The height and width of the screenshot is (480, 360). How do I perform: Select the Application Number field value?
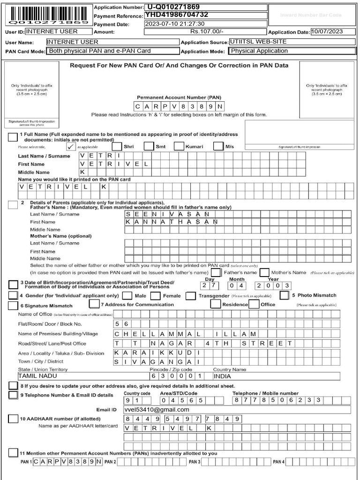click(x=206, y=7)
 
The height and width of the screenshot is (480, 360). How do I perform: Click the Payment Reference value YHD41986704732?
click(x=206, y=15)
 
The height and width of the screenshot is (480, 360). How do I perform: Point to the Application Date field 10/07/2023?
click(x=333, y=32)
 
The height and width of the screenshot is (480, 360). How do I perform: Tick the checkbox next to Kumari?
click(x=179, y=146)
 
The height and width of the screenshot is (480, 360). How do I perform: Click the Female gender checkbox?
click(x=156, y=296)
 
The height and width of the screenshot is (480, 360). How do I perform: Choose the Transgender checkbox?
click(x=190, y=296)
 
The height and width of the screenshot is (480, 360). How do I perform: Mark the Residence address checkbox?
click(x=216, y=304)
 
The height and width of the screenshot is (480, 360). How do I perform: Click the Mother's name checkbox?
click(x=264, y=272)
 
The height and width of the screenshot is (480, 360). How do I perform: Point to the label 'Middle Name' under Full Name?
click(x=30, y=172)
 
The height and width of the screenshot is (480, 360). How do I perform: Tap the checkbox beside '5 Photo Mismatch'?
click(x=284, y=295)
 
